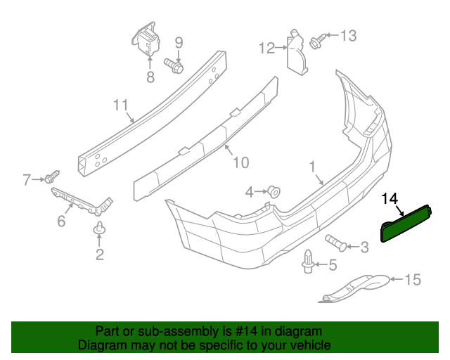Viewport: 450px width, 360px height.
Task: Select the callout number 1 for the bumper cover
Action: (x=311, y=167)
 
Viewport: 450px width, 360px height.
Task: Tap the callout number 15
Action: (x=412, y=281)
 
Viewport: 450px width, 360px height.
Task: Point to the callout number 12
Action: (x=267, y=48)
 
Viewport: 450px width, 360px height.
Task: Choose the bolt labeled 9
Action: (x=174, y=66)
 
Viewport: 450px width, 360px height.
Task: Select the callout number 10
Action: (x=240, y=162)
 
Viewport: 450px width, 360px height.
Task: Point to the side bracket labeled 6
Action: (x=81, y=201)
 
